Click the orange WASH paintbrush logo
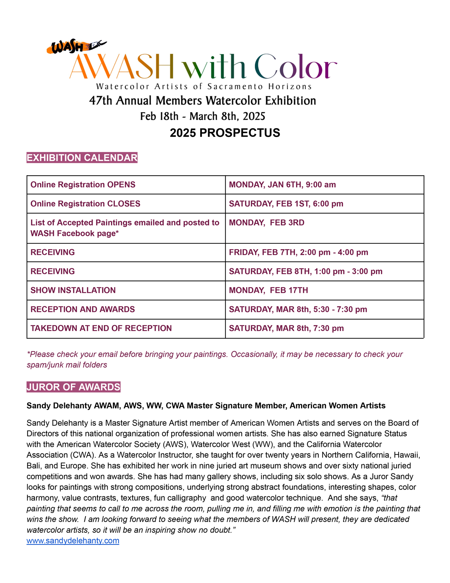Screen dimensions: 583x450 coord(76,47)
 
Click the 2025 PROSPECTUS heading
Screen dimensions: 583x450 coord(225,133)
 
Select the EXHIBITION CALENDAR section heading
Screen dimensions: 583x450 coord(82,158)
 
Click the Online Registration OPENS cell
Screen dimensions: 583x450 coord(83,185)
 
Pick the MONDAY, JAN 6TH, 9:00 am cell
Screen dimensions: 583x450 coord(282,185)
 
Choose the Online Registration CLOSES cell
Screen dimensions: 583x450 coord(85,204)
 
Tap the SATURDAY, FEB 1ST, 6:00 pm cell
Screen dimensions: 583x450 coord(286,204)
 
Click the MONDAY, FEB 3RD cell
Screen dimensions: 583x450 coord(266,223)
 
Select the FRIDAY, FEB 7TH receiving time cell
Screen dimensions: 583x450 coord(298,252)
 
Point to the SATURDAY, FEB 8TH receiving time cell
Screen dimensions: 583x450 coord(306,271)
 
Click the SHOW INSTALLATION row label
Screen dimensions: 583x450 coord(73,290)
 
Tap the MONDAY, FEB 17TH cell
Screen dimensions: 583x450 coord(268,290)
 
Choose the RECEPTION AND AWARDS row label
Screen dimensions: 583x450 coord(83,310)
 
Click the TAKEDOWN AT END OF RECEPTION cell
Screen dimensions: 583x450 coord(101,328)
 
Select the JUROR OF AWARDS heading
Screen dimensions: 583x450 coord(73,387)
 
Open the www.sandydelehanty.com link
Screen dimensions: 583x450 coord(73,541)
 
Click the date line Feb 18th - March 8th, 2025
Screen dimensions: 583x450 coord(203,116)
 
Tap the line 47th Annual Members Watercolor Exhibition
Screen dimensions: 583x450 coord(203,101)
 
